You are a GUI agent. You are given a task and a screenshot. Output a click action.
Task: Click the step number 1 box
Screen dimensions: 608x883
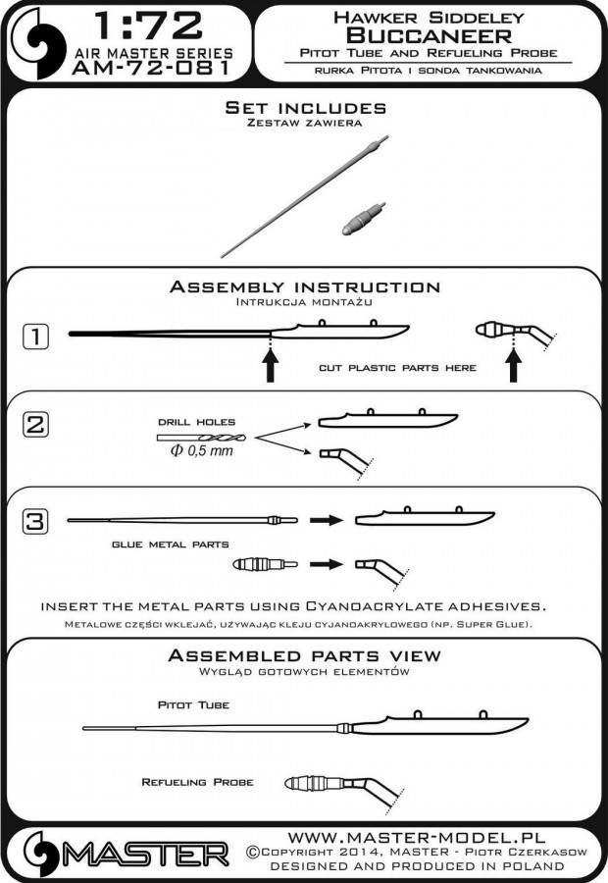[35, 337]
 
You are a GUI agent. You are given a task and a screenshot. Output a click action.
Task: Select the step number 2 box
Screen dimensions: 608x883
[35, 425]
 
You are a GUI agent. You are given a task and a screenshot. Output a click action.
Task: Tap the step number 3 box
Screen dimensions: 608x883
[35, 521]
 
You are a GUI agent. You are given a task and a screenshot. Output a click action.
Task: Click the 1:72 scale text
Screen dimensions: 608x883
[147, 26]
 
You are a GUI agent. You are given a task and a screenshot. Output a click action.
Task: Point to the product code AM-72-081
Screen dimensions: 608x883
[151, 68]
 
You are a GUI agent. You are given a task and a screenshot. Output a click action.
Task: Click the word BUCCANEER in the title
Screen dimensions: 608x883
[429, 36]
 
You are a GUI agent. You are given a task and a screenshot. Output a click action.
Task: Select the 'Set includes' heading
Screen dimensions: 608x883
[305, 108]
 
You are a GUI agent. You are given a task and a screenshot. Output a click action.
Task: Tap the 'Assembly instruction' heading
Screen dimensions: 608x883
[305, 286]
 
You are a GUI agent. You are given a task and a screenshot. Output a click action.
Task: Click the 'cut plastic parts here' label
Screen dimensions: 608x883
[397, 368]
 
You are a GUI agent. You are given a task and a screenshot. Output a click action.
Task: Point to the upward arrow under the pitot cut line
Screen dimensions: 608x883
[271, 365]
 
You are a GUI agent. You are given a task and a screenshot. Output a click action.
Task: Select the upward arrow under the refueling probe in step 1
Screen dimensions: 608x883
[512, 365]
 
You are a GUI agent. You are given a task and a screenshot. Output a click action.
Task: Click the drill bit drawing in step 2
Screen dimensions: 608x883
[202, 437]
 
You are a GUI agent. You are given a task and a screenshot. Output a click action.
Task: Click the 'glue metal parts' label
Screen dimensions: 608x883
[170, 545]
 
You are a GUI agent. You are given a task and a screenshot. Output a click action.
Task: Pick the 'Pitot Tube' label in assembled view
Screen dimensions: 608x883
[193, 705]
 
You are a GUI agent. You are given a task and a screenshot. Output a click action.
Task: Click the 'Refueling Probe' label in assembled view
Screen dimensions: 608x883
[198, 782]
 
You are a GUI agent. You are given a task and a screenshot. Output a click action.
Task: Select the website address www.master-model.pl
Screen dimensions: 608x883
[417, 838]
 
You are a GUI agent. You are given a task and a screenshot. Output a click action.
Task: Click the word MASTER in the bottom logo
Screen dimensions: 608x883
[145, 856]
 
